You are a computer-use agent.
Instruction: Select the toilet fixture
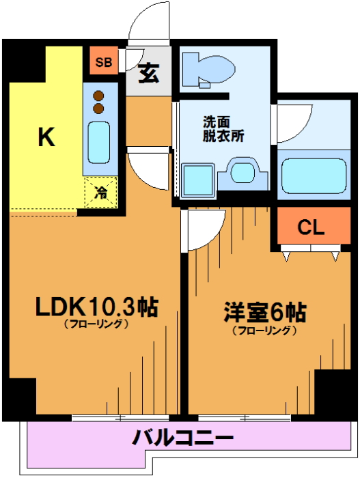coord(208,70)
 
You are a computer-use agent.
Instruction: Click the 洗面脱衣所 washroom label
coord(223,129)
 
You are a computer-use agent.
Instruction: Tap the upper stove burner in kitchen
coord(98,96)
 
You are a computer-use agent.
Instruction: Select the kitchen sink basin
coord(99,143)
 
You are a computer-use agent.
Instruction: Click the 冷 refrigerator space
coord(101,193)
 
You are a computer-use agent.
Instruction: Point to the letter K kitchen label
coord(46,137)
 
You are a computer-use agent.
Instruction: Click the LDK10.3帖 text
coord(97,307)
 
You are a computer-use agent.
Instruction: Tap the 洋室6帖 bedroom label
coord(265,312)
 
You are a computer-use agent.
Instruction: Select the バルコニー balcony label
coord(183,438)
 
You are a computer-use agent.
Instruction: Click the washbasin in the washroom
coord(243,173)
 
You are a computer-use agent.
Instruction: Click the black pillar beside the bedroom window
coord(333,393)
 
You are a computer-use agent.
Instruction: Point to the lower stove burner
coord(98,108)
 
